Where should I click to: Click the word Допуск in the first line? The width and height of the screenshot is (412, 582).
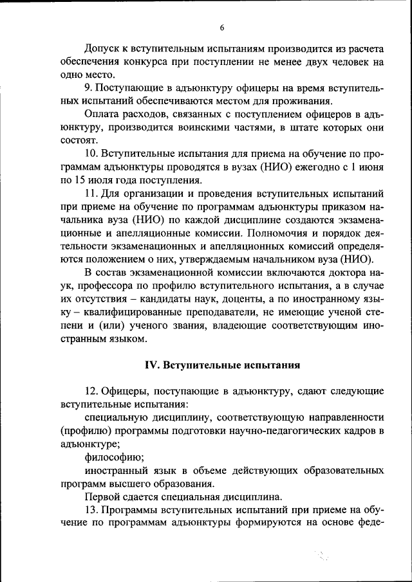click(x=103, y=48)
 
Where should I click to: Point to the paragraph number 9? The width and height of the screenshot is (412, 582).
click(x=88, y=87)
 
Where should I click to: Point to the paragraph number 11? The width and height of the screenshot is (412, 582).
click(x=91, y=193)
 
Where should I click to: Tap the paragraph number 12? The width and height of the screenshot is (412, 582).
click(x=91, y=391)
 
